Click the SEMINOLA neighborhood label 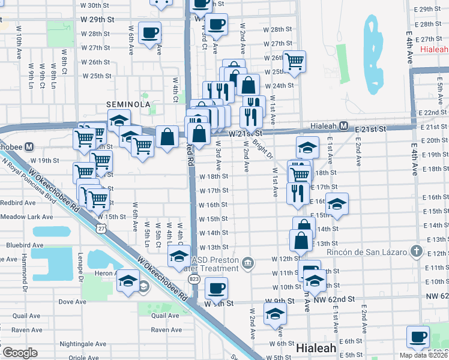(x=128, y=104)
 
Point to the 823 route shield (x=193, y=279)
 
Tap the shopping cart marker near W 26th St (x=294, y=61)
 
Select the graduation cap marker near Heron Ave (x=128, y=280)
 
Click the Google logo (x=20, y=352)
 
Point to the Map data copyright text (x=424, y=355)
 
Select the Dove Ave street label (x=73, y=302)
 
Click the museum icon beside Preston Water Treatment (x=248, y=263)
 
